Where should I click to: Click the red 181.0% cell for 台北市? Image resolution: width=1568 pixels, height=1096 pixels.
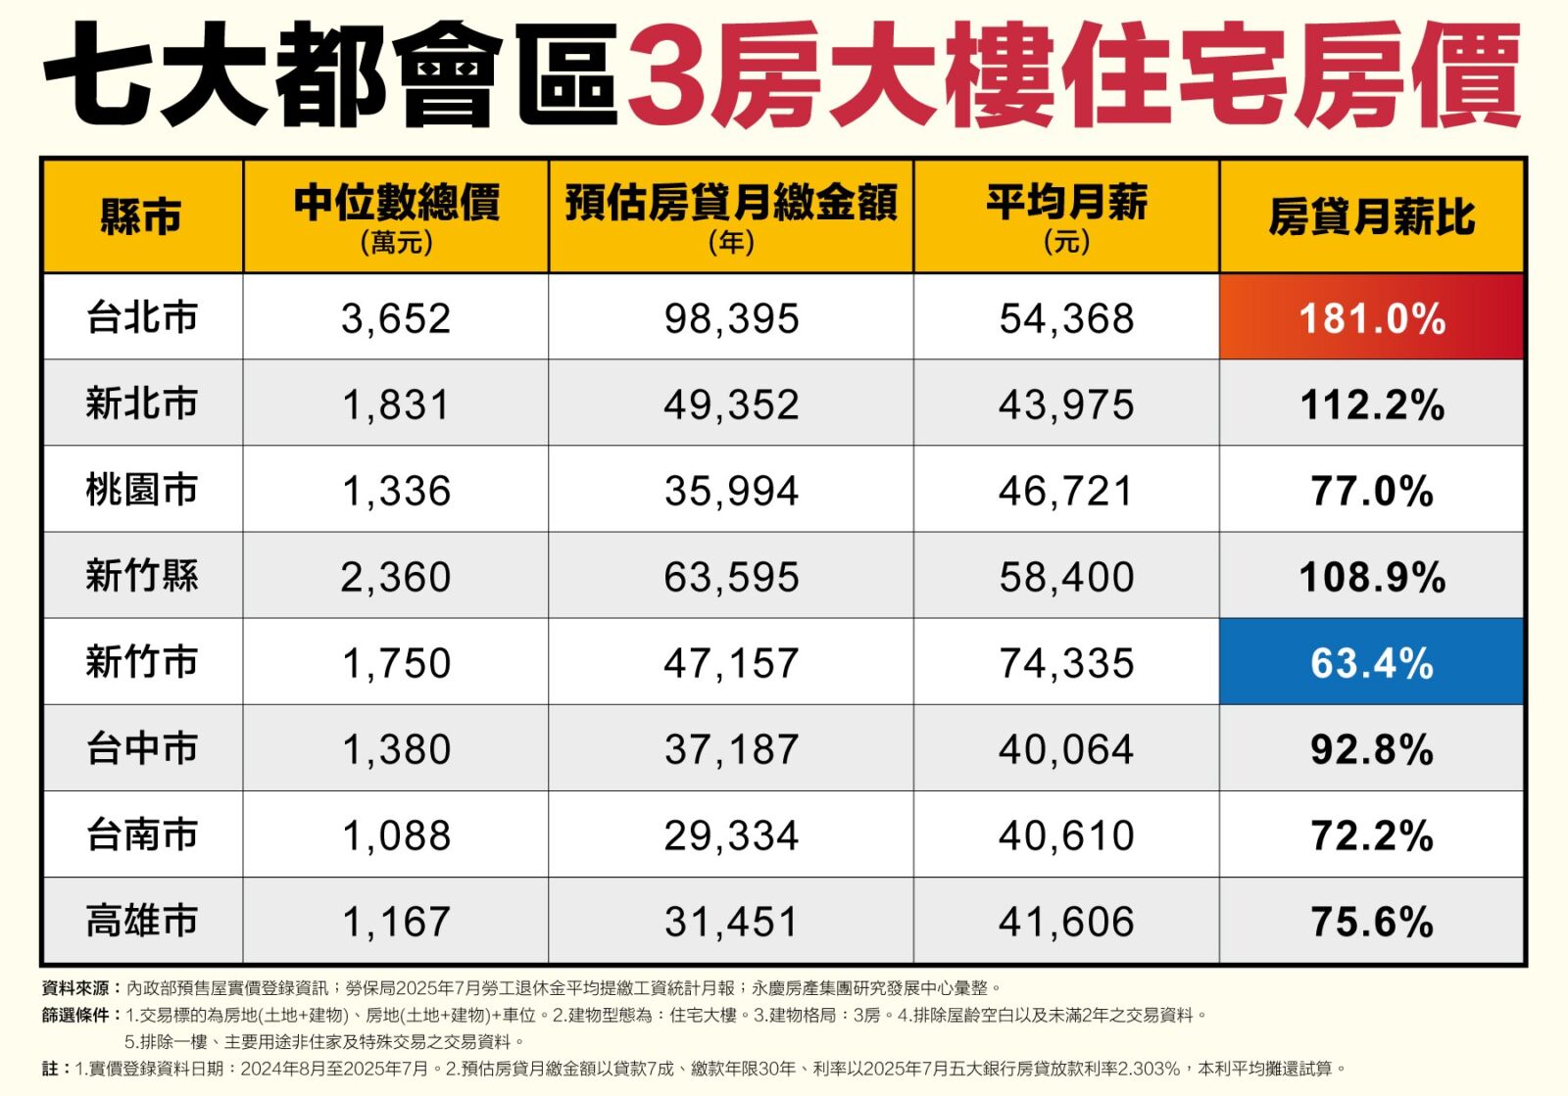tap(1371, 318)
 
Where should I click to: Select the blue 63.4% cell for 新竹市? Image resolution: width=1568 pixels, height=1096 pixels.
tap(1371, 663)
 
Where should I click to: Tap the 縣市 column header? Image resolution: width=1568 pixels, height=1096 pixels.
tap(142, 216)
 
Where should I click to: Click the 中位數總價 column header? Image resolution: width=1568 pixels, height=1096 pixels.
tap(396, 204)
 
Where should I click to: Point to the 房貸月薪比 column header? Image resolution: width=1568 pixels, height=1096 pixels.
tap(1371, 216)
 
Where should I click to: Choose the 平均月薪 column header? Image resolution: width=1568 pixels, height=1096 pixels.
tap(1066, 204)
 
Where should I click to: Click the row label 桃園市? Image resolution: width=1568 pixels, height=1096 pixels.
tap(142, 490)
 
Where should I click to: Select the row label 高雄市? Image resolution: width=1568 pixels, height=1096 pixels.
tap(142, 922)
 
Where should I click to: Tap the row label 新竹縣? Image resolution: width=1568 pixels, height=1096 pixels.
tap(142, 576)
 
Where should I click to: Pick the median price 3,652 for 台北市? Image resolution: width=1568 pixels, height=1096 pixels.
tap(396, 318)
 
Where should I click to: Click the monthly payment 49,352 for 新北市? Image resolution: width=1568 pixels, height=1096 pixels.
tap(731, 405)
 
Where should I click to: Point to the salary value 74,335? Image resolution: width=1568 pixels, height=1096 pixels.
tap(1066, 663)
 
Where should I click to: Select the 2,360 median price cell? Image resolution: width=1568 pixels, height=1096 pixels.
tap(396, 577)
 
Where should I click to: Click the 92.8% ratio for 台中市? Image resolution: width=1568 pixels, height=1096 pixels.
tap(1371, 749)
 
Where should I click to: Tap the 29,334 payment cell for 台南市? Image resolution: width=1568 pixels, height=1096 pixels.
tap(731, 835)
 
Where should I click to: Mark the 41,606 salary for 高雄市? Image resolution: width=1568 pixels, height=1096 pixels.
tap(1066, 922)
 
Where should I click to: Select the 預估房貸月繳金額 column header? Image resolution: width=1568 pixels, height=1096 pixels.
tap(731, 204)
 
